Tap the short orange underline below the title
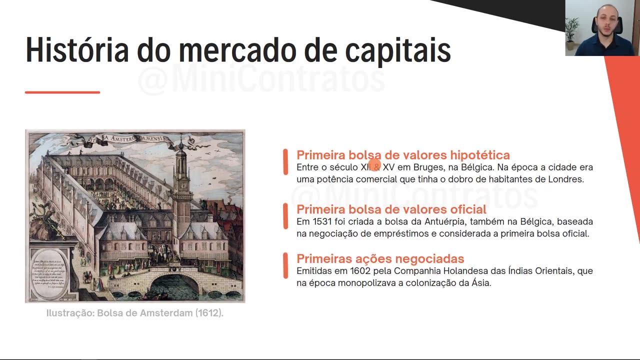coord(62,92)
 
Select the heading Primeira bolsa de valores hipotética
coord(403,155)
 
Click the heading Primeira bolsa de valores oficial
coord(391,209)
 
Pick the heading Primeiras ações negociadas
coord(380,258)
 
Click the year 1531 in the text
coord(322,221)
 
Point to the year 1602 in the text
coord(360,271)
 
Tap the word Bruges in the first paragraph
coord(428,167)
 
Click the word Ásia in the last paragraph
coord(480,283)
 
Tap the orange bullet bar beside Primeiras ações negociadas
coord(285,265)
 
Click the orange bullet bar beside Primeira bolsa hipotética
coord(285,162)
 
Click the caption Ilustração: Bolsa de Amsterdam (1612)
coord(135,313)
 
